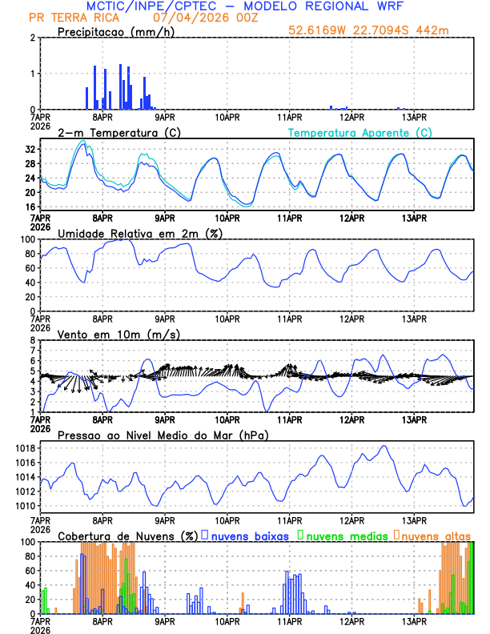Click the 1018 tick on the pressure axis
coord(22,448)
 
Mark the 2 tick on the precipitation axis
coord(31,38)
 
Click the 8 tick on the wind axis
coord(31,340)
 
